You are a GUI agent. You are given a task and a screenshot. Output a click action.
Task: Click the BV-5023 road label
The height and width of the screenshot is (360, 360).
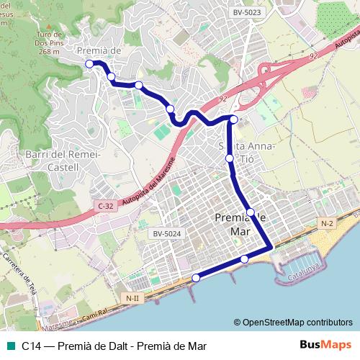pos(247,12)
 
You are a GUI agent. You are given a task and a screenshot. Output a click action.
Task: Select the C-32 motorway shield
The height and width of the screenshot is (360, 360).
pos(104,206)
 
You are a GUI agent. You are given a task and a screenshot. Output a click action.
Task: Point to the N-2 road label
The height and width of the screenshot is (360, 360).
pos(327,224)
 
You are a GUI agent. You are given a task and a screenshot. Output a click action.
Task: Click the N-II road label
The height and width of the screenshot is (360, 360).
pos(131,297)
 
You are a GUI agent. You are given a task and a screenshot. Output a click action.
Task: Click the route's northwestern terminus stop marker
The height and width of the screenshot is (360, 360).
pos(89,64)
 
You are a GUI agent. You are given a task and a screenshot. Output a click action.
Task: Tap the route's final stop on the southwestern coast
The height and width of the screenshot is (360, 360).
pos(196,278)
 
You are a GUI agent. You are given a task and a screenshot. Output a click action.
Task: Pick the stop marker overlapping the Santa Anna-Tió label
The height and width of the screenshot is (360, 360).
pos(230,158)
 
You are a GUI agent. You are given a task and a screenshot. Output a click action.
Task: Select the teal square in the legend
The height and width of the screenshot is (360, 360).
pos(8,346)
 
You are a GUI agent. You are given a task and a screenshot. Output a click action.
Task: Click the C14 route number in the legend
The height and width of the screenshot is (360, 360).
pos(31,346)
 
